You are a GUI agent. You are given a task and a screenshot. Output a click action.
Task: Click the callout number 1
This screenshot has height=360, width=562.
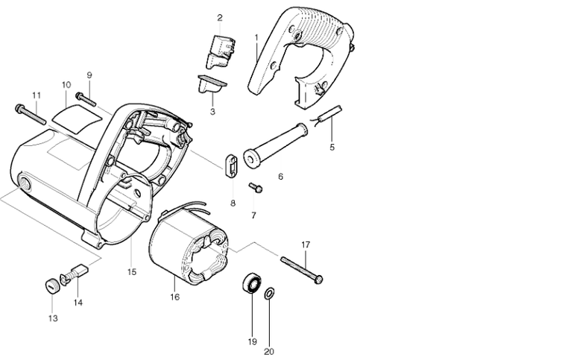tap(256, 37)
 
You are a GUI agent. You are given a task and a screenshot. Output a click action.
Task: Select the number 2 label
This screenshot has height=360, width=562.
tap(220, 17)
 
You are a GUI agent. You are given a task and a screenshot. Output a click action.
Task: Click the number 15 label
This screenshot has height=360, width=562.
tap(132, 272)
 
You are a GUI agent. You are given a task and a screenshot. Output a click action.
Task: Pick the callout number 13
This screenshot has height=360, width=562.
tap(52, 318)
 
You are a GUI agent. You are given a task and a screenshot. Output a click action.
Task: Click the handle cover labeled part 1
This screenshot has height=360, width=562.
tap(298, 52)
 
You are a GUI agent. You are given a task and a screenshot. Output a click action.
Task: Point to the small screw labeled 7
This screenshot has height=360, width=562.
tap(256, 187)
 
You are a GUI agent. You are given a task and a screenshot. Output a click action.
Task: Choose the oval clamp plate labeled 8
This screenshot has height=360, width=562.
tap(230, 165)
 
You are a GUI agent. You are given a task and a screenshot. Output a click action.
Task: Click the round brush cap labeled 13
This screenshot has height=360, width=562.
tap(51, 285)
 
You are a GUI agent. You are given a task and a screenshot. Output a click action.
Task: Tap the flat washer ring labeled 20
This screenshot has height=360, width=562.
tap(269, 291)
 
